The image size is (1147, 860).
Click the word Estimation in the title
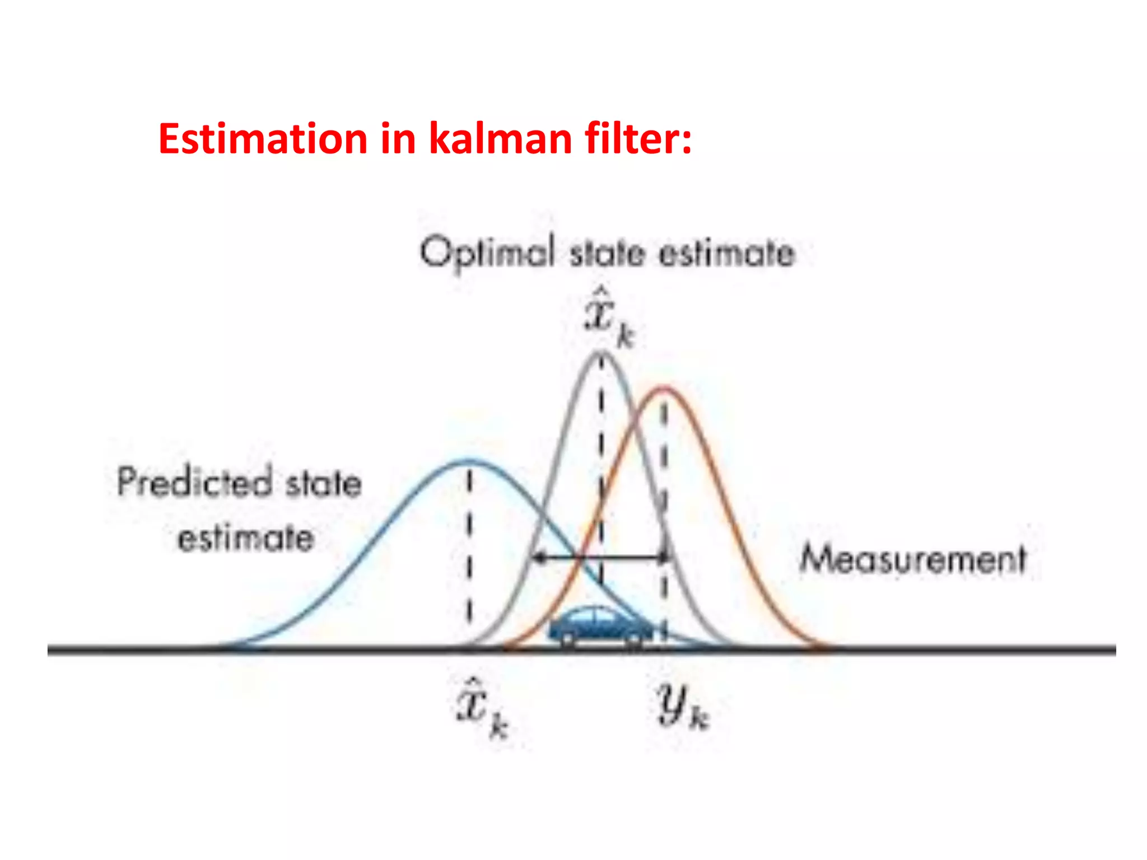[263, 138]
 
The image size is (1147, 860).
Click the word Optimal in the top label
[487, 253]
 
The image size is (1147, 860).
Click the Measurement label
[913, 559]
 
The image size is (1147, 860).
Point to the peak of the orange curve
[664, 387]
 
